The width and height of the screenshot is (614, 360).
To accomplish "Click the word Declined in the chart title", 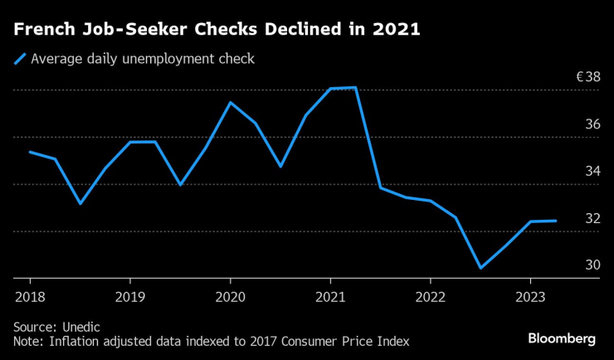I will point(306,30).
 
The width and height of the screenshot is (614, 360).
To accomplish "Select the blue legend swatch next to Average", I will point(19,59).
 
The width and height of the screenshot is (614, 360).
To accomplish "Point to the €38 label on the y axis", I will point(588,77).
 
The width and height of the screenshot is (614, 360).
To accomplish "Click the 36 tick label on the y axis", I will point(592,124).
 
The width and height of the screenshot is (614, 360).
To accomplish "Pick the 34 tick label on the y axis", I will point(592,172).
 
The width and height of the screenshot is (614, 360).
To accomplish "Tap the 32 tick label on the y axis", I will point(592,219).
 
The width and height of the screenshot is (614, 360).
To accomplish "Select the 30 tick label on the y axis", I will point(592,266).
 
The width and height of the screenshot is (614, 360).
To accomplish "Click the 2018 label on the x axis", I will point(30,296).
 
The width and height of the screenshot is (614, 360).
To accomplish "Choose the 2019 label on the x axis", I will point(130,296).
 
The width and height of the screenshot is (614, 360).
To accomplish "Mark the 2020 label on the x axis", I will point(230,296).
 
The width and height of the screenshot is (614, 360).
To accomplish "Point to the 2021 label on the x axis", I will point(330,296).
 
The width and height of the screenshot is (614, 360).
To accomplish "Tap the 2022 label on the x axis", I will point(431,296).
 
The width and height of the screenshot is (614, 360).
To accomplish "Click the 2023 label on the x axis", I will point(530,296).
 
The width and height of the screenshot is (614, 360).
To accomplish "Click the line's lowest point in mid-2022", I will point(480,268).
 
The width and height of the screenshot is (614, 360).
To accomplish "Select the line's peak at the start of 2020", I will point(230,102).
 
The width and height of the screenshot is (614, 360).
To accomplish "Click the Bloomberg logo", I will point(562,338).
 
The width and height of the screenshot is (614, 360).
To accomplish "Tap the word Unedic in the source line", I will point(83,326).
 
